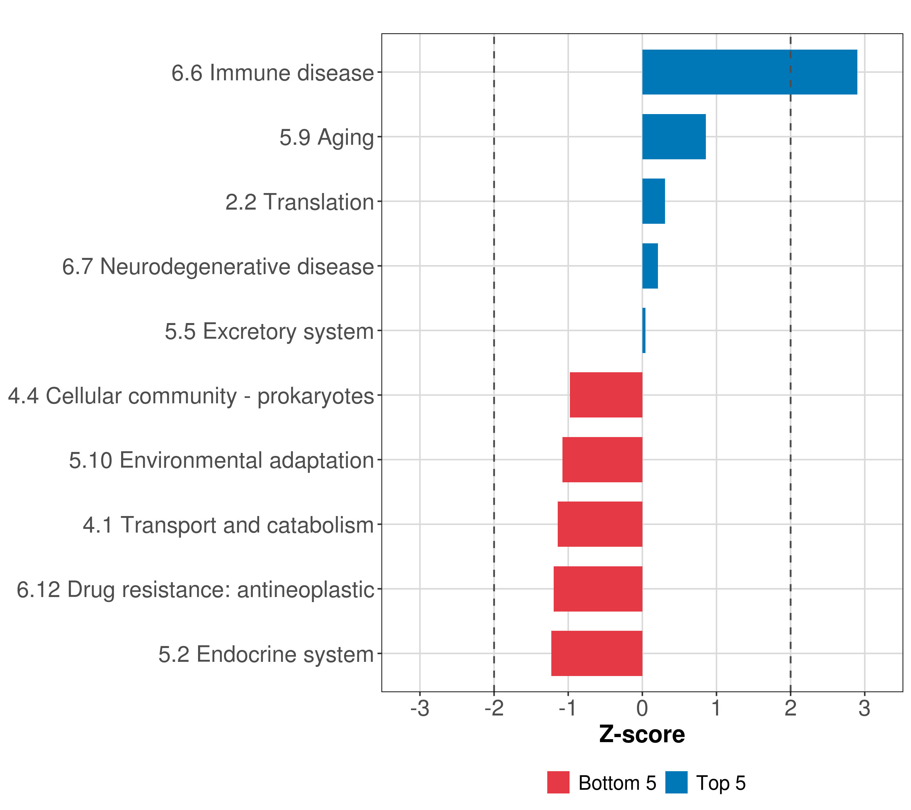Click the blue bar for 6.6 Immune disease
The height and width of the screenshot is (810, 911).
(x=749, y=72)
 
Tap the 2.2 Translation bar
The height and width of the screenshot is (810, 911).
(x=653, y=201)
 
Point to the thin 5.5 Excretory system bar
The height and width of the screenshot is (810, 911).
(x=643, y=330)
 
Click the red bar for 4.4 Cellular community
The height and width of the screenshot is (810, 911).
(x=606, y=395)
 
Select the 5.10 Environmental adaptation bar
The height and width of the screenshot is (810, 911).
(x=602, y=460)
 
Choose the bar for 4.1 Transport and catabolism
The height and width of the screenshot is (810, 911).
(x=600, y=524)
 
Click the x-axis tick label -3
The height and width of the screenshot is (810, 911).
(x=419, y=708)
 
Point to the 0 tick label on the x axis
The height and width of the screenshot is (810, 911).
(x=642, y=708)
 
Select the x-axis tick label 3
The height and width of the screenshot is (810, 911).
(x=864, y=708)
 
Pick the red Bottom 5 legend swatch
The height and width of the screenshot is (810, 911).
(x=558, y=782)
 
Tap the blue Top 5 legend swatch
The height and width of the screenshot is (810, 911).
(x=676, y=782)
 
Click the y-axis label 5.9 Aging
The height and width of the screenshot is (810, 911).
(x=326, y=137)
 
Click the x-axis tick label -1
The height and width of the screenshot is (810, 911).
(x=568, y=708)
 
